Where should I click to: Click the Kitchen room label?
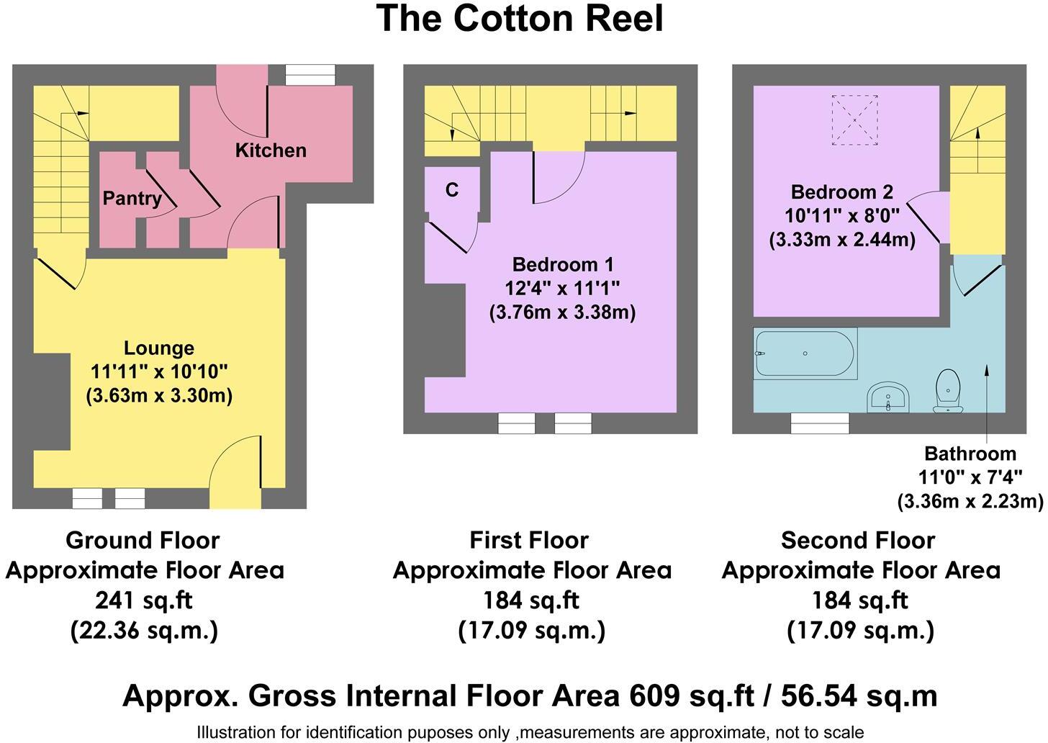pos(271,150)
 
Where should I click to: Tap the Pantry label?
pos(132,198)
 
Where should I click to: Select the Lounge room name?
pos(159,348)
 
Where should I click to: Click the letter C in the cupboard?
pos(452,189)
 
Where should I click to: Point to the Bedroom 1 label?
pos(562,264)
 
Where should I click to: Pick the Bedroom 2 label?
pos(841,192)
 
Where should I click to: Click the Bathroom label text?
pos(970,454)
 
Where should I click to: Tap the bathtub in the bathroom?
pos(805,354)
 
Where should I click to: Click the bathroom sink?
pos(890,397)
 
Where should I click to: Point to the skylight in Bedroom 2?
pos(854,120)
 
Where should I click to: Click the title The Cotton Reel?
pos(520,19)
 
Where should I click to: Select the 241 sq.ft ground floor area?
pos(144,600)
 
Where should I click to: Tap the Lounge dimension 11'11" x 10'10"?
pos(159,371)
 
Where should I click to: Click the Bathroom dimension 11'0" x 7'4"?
pos(970,477)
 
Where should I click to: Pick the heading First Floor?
pos(529,540)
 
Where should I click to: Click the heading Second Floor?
pos(858,540)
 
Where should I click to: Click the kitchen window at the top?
pos(310,75)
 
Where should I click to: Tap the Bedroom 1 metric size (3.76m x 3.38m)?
pos(562,312)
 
